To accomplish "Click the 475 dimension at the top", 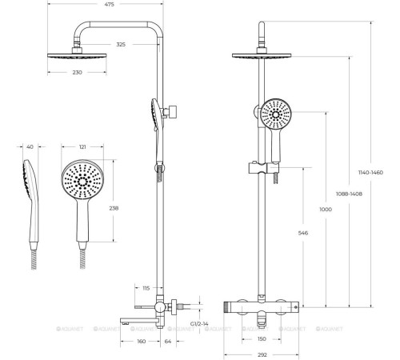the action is pyautogui.click(x=109, y=4).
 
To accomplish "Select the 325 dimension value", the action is pyautogui.click(x=121, y=45).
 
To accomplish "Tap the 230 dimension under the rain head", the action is pyautogui.click(x=77, y=72).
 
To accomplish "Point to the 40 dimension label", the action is pyautogui.click(x=30, y=146).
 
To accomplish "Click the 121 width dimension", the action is pyautogui.click(x=82, y=146).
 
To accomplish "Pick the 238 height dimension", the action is pyautogui.click(x=114, y=208).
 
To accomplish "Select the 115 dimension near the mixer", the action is pyautogui.click(x=146, y=288).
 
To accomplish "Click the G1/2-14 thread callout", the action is pyautogui.click(x=199, y=324).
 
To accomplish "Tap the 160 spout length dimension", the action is pyautogui.click(x=142, y=342).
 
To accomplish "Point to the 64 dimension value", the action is pyautogui.click(x=168, y=342).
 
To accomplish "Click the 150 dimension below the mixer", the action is pyautogui.click(x=262, y=339).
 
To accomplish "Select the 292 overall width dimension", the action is pyautogui.click(x=262, y=355).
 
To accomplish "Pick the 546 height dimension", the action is pyautogui.click(x=303, y=233).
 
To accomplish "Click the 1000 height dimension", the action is pyautogui.click(x=326, y=210).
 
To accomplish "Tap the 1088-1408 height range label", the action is pyautogui.click(x=349, y=194).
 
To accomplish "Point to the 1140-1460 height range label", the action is pyautogui.click(x=370, y=173).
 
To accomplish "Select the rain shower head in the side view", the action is pyautogui.click(x=77, y=55).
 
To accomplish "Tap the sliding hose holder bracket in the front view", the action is pyautogui.click(x=264, y=168).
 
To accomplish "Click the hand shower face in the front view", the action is pyautogui.click(x=276, y=115).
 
